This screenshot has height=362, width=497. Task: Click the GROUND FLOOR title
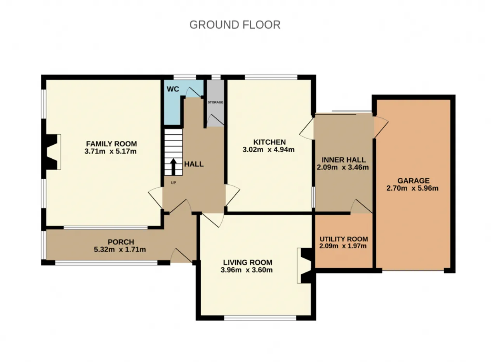[x=235, y=25]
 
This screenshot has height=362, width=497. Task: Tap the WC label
[x=173, y=89]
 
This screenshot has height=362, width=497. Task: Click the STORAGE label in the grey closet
[x=215, y=102]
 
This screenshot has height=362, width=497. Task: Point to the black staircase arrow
[x=173, y=167]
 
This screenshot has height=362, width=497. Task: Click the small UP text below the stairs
[x=173, y=183]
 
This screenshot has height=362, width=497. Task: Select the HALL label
[x=194, y=164]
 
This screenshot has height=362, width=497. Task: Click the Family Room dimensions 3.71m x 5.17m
[x=110, y=151]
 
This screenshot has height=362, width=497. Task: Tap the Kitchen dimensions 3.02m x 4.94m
[x=268, y=150]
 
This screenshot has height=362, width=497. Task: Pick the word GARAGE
[x=414, y=181]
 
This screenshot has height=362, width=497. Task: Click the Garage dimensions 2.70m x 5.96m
[x=412, y=188]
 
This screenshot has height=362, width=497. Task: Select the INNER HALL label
[x=344, y=160]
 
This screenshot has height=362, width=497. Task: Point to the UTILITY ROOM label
[x=344, y=239]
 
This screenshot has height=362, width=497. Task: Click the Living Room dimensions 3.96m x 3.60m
[x=247, y=270]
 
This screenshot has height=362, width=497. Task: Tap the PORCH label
[x=121, y=242]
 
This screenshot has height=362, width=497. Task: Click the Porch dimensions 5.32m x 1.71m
[x=120, y=249]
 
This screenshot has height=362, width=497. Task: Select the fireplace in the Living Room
[x=305, y=265]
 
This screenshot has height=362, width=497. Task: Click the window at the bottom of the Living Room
[x=260, y=318]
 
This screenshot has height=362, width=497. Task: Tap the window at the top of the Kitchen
[x=271, y=77]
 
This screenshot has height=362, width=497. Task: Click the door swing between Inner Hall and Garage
[x=381, y=127]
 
